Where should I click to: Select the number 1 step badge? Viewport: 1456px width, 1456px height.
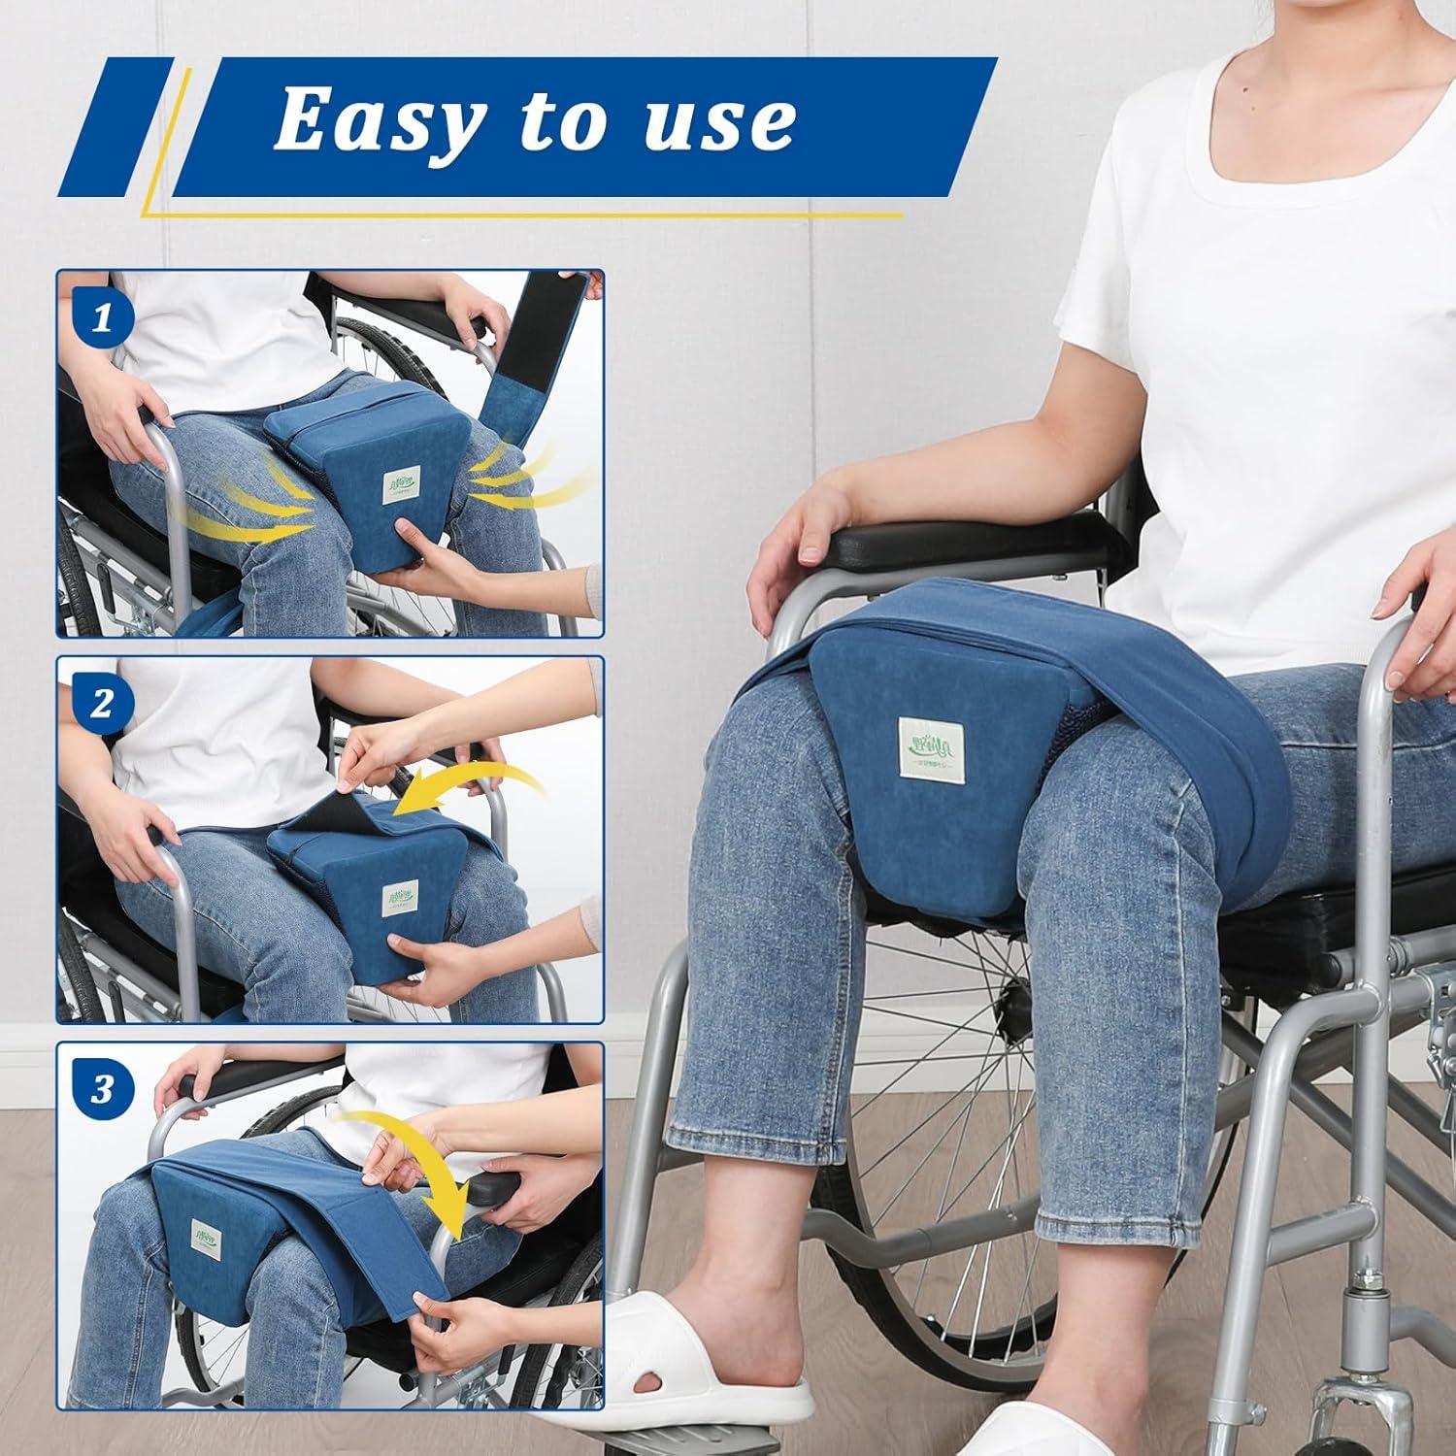pyautogui.click(x=102, y=318)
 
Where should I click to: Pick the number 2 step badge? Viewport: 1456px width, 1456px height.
pyautogui.click(x=102, y=704)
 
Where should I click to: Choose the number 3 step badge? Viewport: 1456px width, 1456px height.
pyautogui.click(x=102, y=1089)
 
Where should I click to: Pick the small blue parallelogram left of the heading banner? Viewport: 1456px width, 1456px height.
pyautogui.click(x=116, y=126)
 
